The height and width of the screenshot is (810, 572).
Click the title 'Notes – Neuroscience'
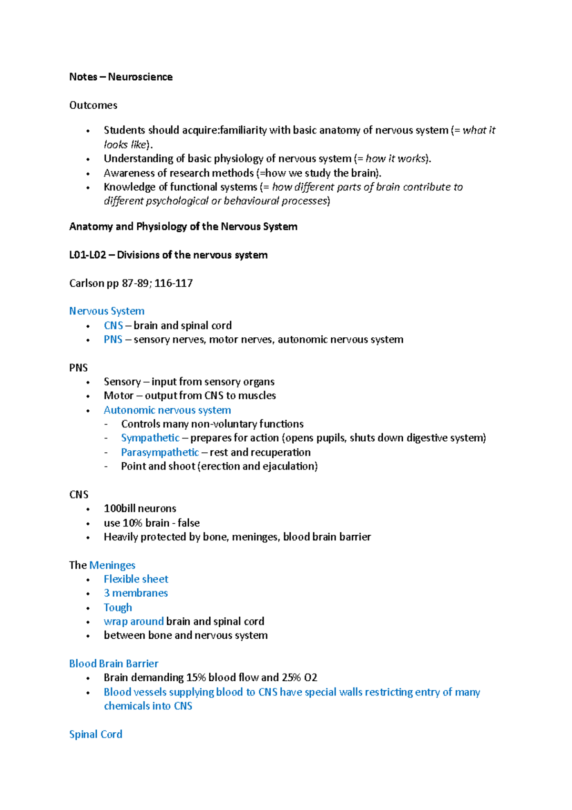[121, 77]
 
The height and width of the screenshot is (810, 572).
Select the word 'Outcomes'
[93, 105]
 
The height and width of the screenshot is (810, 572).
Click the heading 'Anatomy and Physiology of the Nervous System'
[183, 227]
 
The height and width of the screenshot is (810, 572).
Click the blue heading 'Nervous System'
[107, 311]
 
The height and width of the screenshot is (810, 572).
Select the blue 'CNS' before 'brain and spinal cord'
[113, 325]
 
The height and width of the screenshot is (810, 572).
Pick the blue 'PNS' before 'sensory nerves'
[113, 340]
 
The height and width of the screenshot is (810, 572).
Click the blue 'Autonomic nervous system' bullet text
[167, 410]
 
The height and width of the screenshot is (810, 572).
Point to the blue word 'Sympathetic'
[150, 438]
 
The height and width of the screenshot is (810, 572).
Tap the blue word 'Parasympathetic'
[160, 452]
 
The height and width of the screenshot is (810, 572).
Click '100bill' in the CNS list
[120, 509]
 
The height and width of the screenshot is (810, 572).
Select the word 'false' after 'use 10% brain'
[189, 523]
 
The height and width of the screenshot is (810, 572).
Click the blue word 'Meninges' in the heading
[112, 565]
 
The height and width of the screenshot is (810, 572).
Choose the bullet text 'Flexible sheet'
[136, 579]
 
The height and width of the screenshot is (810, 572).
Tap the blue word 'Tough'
[118, 608]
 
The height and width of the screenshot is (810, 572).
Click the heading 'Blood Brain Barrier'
[113, 664]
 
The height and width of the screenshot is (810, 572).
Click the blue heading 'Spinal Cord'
[95, 734]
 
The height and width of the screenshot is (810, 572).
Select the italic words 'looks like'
[125, 145]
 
